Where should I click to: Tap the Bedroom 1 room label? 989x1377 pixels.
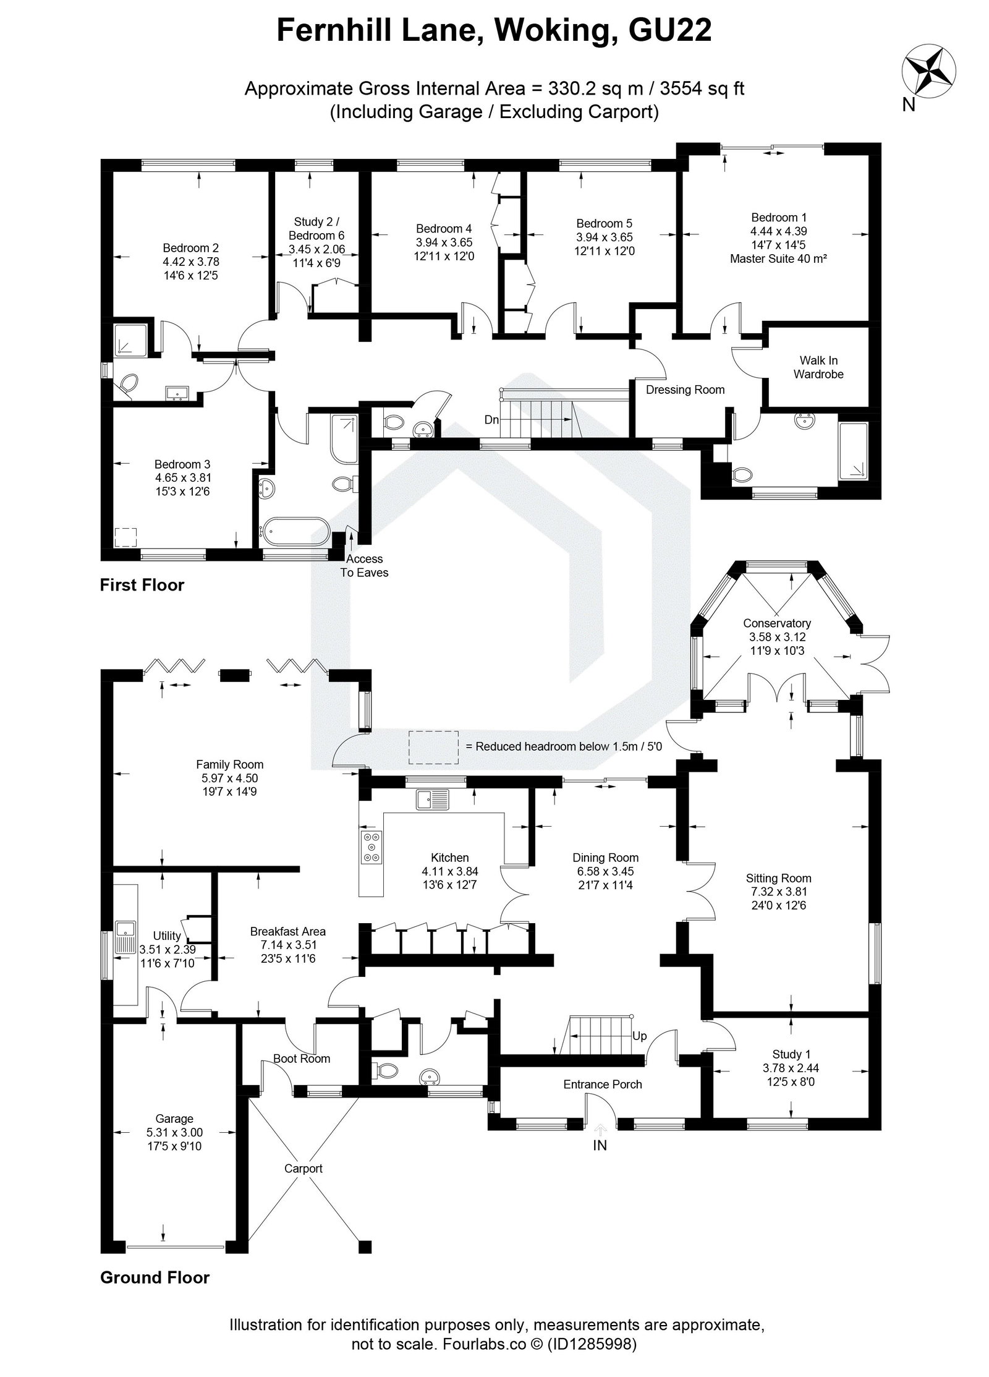[778, 218]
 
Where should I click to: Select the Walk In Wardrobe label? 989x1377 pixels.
[818, 367]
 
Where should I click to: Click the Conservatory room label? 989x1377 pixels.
[776, 623]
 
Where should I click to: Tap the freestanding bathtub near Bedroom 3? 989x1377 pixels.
[295, 531]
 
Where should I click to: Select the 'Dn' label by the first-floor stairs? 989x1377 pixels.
[491, 420]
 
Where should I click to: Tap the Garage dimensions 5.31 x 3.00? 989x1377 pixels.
[174, 1132]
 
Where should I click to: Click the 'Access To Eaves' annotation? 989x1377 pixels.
[364, 565]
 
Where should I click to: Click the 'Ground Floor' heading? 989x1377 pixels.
[155, 1277]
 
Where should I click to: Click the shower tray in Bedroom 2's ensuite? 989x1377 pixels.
[130, 341]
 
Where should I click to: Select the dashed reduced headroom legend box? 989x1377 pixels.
[433, 746]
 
